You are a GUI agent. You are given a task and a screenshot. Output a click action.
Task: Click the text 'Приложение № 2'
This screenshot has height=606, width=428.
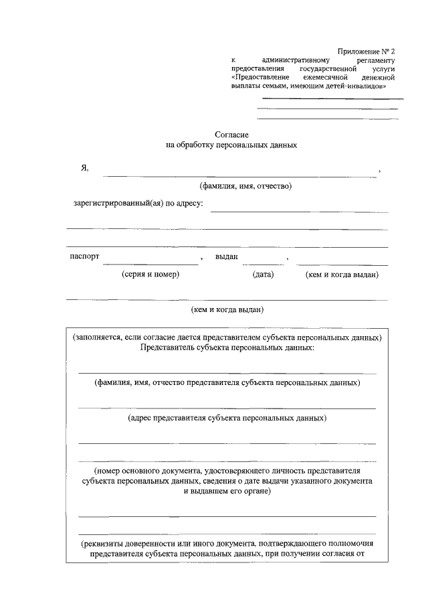[367, 51]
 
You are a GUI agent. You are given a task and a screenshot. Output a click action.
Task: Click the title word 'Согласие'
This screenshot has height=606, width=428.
[231, 135]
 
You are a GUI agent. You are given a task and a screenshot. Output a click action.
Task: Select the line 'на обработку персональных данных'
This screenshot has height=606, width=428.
[231, 144]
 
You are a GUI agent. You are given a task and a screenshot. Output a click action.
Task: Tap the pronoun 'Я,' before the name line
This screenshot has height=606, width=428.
[84, 169]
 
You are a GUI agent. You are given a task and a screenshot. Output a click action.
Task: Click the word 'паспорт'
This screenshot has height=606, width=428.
[84, 257]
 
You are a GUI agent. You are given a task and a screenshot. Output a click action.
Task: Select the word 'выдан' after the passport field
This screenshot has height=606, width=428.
[227, 257]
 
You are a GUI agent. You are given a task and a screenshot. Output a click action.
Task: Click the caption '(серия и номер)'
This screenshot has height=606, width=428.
[150, 275]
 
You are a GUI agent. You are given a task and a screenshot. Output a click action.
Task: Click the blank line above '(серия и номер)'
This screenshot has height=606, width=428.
[150, 264]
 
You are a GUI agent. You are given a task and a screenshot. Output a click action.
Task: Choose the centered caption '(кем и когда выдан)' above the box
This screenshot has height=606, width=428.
[227, 309]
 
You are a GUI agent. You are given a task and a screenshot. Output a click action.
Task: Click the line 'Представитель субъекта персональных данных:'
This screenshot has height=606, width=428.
[227, 348]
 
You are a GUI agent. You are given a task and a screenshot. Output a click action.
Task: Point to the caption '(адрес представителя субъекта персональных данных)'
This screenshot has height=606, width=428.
[227, 418]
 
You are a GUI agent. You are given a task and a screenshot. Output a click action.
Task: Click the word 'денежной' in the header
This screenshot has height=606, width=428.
[379, 78]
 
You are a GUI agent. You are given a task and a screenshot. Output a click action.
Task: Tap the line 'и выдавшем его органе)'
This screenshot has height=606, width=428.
[227, 491]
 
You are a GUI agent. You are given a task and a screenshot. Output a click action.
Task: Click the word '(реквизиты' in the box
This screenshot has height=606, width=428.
[100, 544]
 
